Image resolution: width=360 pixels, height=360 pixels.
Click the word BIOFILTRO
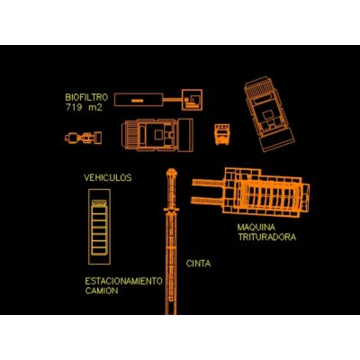coord(86,97)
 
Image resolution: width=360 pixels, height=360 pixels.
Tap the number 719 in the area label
coord(74,107)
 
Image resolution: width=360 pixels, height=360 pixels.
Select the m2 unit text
coord(95,107)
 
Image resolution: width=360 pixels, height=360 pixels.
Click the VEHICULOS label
coord(108,177)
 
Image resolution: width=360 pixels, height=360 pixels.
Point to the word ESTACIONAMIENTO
coord(123,281)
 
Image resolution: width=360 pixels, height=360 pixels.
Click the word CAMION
coord(102,291)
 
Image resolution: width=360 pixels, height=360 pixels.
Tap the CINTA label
coord(198,264)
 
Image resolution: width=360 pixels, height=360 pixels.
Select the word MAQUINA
coord(256,227)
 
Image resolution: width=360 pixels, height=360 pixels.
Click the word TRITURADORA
coord(266,237)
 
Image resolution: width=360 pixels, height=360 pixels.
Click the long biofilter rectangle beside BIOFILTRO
coord(139,100)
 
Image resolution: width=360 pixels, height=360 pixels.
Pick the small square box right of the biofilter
coord(192,100)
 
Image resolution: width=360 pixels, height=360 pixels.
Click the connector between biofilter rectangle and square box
coord(173,99)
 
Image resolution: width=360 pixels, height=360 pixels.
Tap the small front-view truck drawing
coord(222,134)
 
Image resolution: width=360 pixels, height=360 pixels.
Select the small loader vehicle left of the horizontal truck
coord(84,138)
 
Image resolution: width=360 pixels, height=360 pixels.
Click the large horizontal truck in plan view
coord(157,135)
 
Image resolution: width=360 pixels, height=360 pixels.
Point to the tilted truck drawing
coord(269,114)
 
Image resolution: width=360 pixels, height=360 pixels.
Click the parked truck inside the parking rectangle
coord(99,228)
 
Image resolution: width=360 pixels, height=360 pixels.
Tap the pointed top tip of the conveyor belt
coord(171,169)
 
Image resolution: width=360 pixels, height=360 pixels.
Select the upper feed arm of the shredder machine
coord(208,183)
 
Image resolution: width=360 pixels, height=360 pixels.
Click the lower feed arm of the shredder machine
coord(208,200)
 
